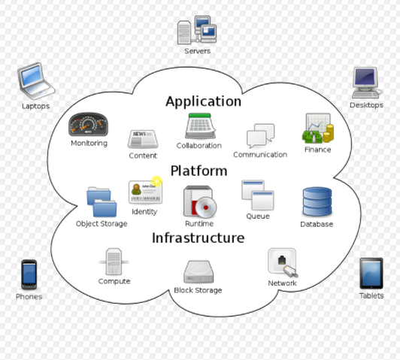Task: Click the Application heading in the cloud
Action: [203, 101]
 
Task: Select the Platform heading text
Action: [198, 171]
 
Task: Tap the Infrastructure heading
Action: [198, 238]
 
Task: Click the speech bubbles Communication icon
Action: [260, 136]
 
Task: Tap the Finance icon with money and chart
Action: [317, 129]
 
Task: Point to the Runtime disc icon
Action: [199, 201]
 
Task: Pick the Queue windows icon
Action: [257, 195]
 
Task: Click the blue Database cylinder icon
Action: [317, 202]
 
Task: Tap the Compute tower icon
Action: [114, 262]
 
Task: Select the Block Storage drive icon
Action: [198, 271]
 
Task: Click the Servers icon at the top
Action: [197, 29]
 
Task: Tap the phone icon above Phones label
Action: [29, 274]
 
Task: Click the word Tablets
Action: [371, 296]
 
